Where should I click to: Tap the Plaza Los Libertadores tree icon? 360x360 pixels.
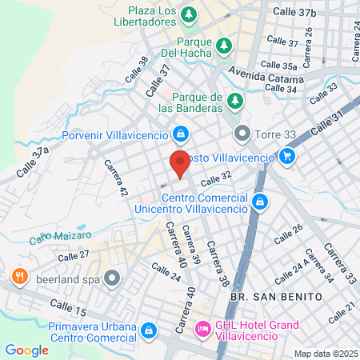click(x=189, y=14)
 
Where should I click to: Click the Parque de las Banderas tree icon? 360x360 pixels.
click(x=235, y=101)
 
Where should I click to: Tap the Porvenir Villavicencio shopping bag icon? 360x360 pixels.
click(x=182, y=132)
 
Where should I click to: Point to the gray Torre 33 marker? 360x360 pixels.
click(x=242, y=132)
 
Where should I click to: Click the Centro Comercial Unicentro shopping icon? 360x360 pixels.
click(x=258, y=202)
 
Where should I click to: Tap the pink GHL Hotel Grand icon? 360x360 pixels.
click(x=203, y=328)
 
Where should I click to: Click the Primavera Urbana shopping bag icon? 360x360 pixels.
click(x=148, y=330)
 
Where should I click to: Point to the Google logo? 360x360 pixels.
click(x=26, y=350)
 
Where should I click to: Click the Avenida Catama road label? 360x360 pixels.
click(x=266, y=78)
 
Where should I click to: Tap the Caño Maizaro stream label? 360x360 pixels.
click(x=61, y=235)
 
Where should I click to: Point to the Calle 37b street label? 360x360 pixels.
click(x=294, y=11)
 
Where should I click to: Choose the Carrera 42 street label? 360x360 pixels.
click(x=116, y=178)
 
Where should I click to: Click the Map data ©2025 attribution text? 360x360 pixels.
click(x=324, y=354)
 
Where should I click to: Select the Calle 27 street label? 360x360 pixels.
click(x=74, y=255)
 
